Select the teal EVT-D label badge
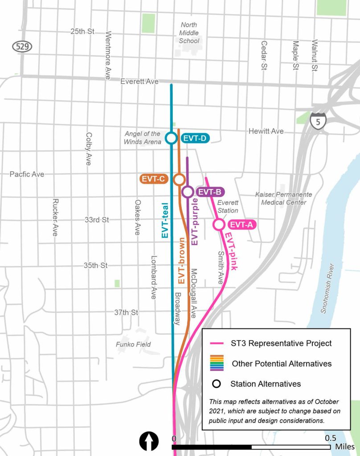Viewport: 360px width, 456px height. (x=195, y=138)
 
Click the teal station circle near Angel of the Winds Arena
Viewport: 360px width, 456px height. (x=171, y=138)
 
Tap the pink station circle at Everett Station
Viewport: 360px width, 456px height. (x=219, y=225)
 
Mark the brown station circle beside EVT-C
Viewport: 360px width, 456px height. (x=179, y=179)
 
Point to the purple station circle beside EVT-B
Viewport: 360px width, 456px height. (x=188, y=192)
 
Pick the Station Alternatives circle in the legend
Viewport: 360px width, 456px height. (x=217, y=384)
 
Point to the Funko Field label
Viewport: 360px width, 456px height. (x=134, y=344)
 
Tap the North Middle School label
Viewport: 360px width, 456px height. (x=189, y=33)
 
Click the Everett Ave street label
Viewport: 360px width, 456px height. (x=139, y=82)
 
